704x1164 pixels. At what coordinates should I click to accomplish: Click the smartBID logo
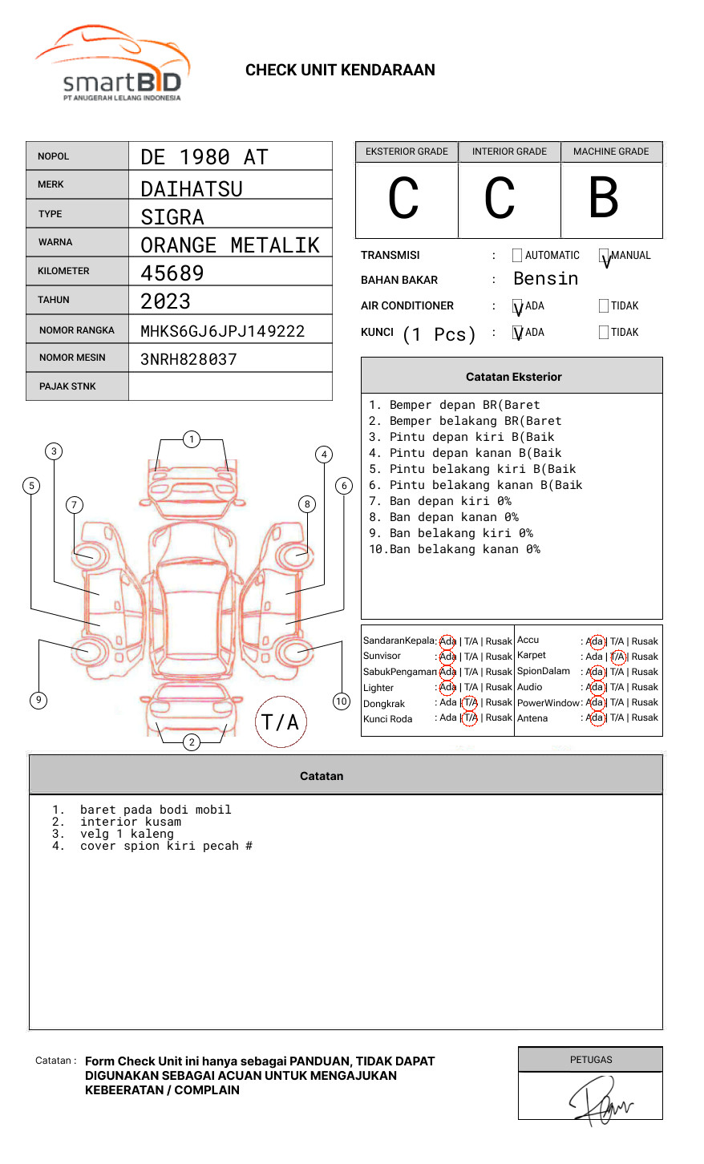click(x=113, y=64)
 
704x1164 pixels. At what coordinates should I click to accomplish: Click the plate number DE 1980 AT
click(x=204, y=157)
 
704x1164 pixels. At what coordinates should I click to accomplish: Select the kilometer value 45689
click(x=172, y=273)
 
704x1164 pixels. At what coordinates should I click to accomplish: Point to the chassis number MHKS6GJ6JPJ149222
click(x=222, y=331)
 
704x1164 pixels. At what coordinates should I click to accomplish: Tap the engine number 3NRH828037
click(x=188, y=359)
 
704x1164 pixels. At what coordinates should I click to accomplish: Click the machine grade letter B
click(x=603, y=198)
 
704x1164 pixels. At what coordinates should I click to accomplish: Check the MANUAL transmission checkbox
click(x=604, y=256)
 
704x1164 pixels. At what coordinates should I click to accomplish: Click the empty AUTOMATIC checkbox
click(x=517, y=256)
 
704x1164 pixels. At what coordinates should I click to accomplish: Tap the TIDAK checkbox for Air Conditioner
click(x=604, y=306)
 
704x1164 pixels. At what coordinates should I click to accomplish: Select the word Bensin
click(x=545, y=279)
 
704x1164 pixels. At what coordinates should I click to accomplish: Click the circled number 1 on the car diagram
click(x=191, y=439)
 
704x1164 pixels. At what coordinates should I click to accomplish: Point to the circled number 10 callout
click(x=342, y=701)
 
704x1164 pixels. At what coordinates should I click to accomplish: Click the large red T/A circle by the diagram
click(x=281, y=721)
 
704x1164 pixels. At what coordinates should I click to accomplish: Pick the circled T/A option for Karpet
click(x=617, y=657)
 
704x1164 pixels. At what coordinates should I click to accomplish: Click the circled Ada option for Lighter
click(x=447, y=687)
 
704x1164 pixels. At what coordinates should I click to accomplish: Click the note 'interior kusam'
click(x=131, y=822)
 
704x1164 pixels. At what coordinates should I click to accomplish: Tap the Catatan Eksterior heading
click(x=513, y=377)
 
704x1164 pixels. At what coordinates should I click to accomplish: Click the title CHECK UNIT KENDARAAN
click(x=340, y=71)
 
